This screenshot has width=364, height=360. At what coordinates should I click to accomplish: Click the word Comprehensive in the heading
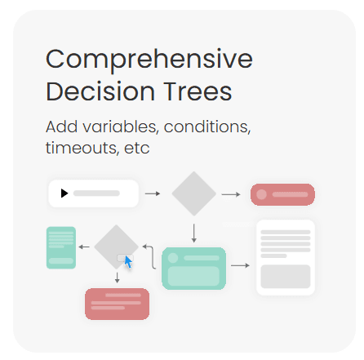[149, 60]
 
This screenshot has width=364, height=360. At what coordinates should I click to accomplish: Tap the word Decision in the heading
[100, 91]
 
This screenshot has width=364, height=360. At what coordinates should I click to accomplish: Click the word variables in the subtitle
[121, 127]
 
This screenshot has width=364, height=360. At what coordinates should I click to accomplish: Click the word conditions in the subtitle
[207, 127]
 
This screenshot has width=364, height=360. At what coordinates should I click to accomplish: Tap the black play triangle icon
[64, 193]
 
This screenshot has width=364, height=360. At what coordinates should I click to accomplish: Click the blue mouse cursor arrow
[128, 262]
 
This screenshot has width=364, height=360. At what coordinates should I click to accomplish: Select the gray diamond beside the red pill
[194, 193]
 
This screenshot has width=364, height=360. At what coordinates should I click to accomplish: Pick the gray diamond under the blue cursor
[117, 247]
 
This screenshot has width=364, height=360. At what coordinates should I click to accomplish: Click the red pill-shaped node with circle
[282, 194]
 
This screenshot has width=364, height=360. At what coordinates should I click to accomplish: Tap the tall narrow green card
[61, 247]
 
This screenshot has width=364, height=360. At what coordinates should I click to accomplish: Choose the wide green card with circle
[194, 269]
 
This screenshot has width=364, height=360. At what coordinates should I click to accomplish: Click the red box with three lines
[117, 304]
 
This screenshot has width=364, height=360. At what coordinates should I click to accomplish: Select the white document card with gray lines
[286, 257]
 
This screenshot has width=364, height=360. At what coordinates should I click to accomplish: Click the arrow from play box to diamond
[153, 193]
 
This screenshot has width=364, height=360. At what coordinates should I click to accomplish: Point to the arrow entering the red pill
[231, 194]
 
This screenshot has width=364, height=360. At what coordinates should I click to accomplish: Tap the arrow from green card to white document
[240, 265]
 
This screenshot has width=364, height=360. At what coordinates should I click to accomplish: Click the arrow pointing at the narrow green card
[84, 247]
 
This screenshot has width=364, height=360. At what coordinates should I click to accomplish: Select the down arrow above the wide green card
[194, 233]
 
